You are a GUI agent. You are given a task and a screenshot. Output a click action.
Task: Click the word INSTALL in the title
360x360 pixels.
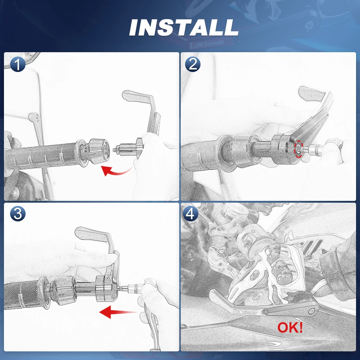184,27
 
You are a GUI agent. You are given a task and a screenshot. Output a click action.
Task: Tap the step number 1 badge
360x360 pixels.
18,64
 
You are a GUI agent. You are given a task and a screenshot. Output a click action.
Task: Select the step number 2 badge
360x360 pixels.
193,64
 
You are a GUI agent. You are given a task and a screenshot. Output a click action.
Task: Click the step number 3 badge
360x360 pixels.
18,213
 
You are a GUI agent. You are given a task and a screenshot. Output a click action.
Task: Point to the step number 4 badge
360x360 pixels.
190,213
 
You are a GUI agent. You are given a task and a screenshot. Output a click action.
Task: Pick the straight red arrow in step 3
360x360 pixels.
118,312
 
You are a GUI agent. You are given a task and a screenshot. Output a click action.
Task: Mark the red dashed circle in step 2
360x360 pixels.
299,149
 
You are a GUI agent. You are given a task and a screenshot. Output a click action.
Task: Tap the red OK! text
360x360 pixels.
290,327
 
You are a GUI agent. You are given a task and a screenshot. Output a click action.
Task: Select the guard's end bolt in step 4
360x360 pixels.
311,311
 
